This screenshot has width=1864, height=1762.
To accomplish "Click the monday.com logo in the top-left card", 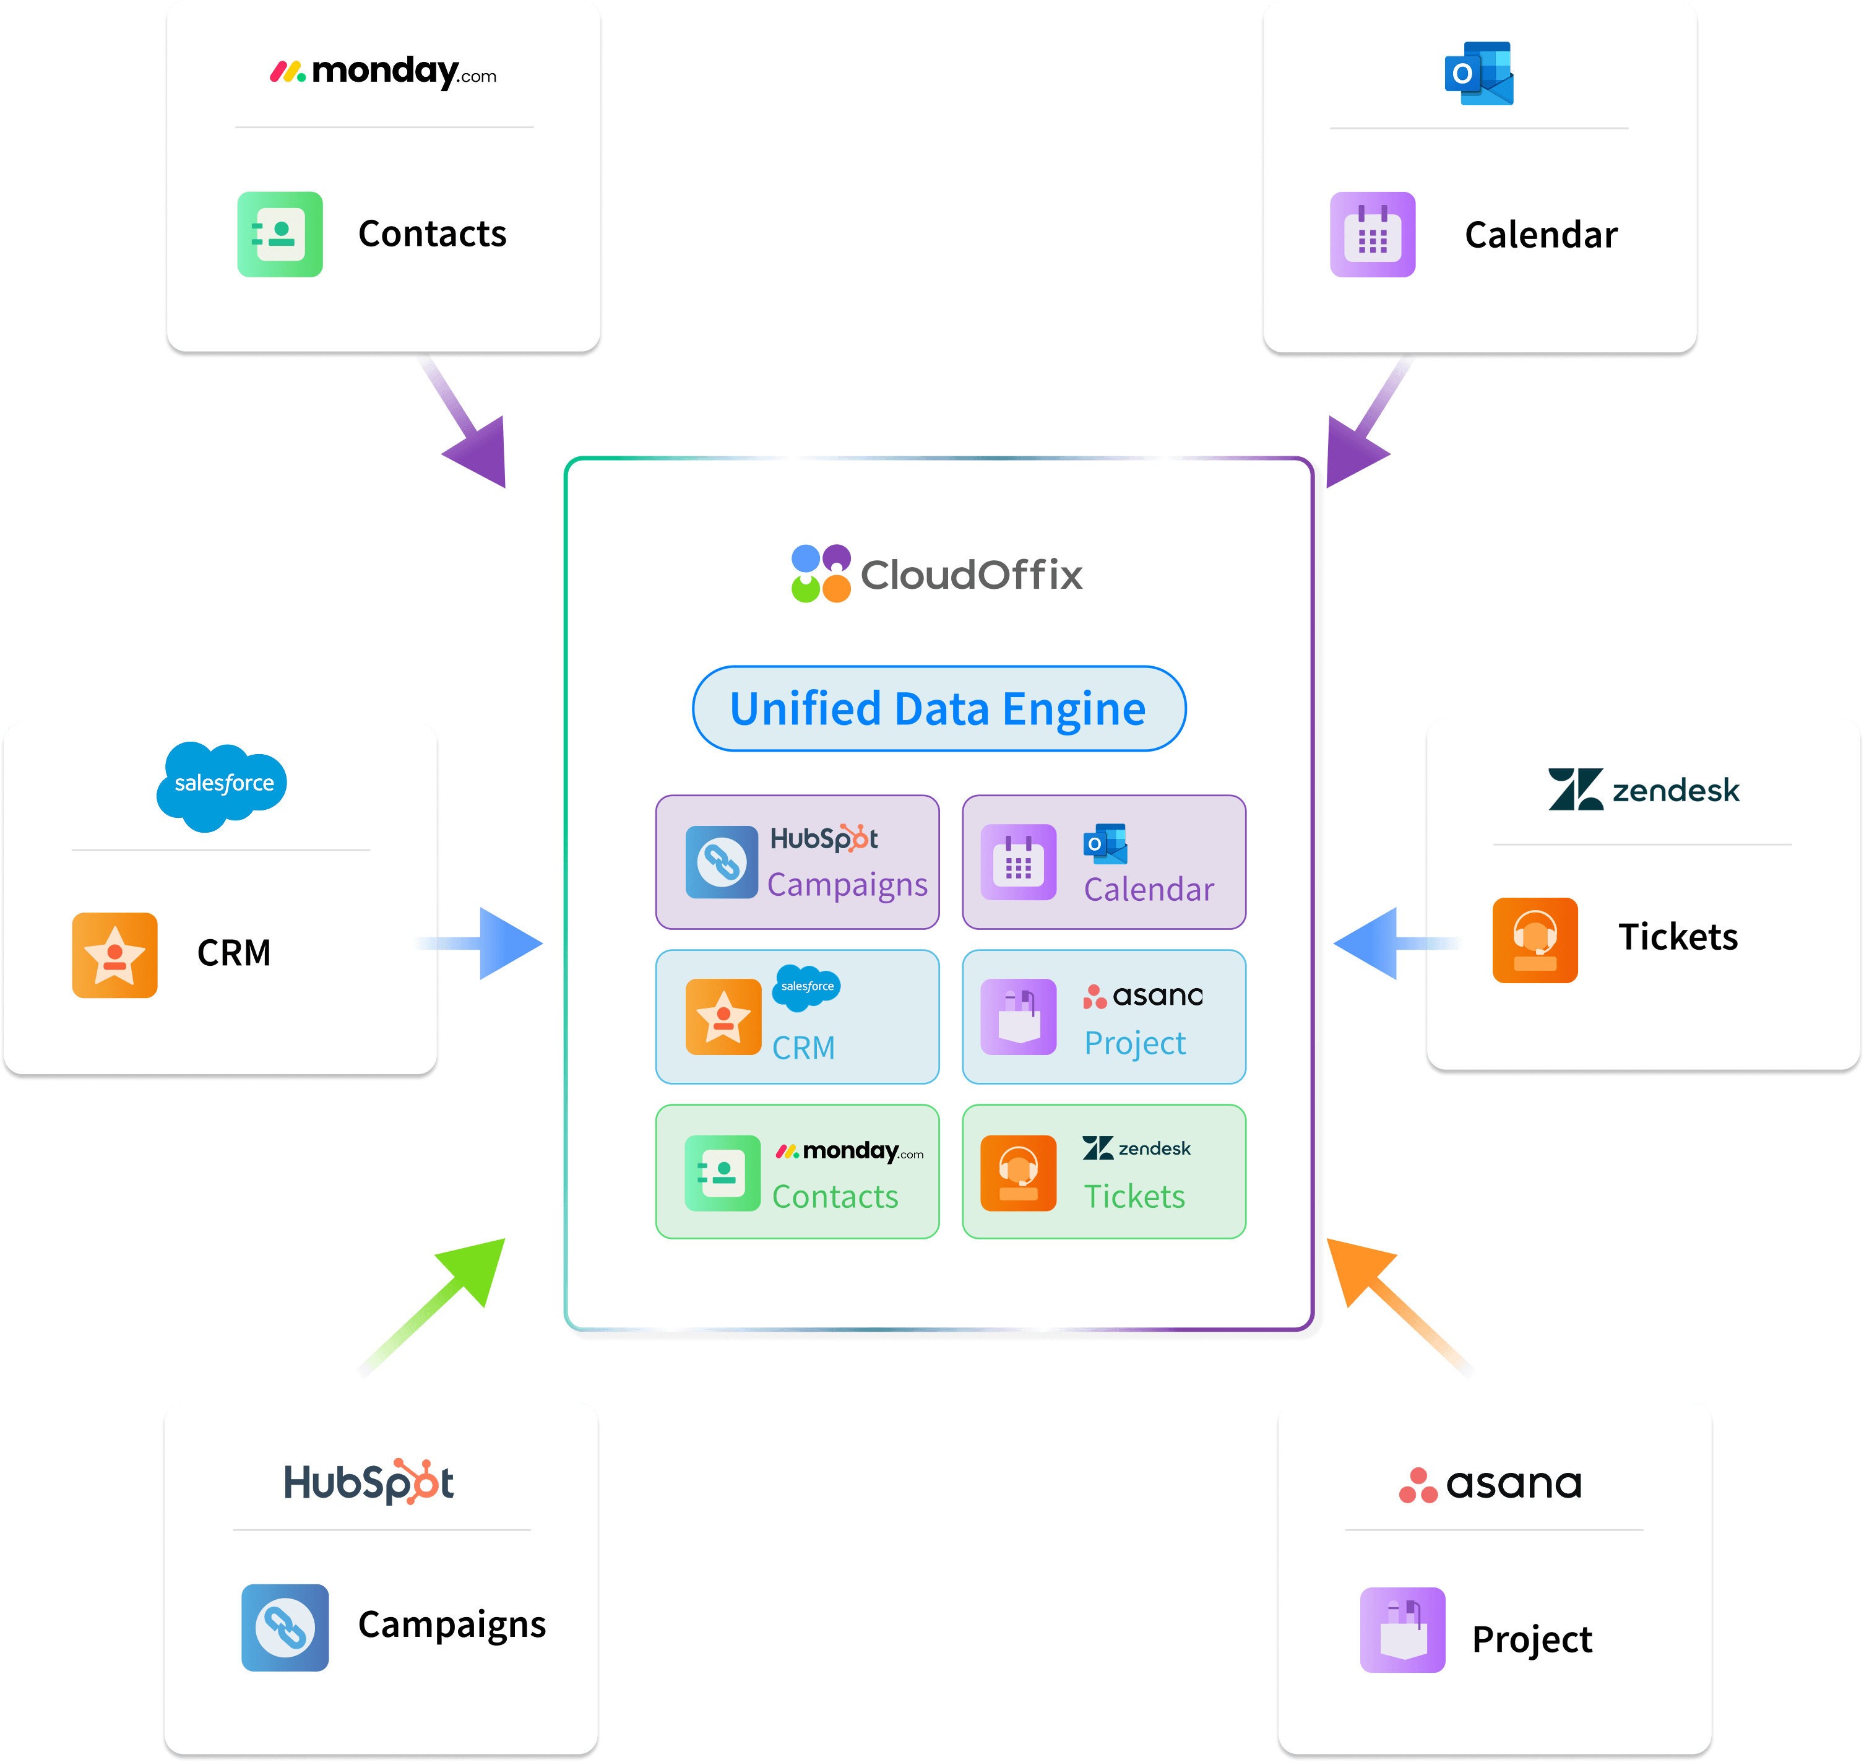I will click(x=383, y=71).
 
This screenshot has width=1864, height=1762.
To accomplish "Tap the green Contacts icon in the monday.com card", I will click(x=280, y=234).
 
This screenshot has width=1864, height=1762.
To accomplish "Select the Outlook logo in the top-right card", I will click(x=1478, y=72).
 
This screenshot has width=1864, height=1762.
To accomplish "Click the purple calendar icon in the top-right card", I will click(x=1372, y=234).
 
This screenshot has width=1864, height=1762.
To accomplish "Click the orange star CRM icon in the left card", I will click(x=114, y=954).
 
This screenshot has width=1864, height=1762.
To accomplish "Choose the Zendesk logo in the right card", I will click(x=1643, y=789).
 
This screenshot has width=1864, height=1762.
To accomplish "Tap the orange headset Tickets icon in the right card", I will click(x=1534, y=939).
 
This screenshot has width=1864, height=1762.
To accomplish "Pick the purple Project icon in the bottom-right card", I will click(x=1402, y=1630).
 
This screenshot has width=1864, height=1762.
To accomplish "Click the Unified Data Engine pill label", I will click(x=938, y=709).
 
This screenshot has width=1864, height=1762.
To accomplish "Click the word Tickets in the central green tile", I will click(x=1134, y=1197).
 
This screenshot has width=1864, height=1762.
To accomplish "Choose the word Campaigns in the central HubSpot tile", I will click(x=847, y=885).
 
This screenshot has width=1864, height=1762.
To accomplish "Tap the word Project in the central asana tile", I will click(x=1134, y=1043).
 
